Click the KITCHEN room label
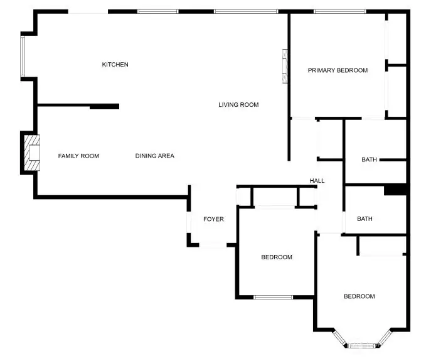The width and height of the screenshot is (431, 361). pos(115,65)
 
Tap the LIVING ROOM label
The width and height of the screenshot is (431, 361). pos(238,105)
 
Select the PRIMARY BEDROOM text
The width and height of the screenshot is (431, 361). pos(338,70)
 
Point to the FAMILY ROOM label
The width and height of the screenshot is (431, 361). pos(78,156)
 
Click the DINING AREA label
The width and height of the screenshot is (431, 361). pos(155,156)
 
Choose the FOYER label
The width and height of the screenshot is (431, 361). pos(213,219)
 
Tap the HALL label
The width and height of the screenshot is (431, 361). pos(317,181)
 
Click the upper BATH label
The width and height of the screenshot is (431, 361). pos(369,159)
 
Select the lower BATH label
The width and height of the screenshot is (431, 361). pos(364,218)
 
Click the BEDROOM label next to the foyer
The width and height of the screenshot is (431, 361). pos(277,257)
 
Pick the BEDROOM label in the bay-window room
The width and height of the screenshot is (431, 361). pos(359,296)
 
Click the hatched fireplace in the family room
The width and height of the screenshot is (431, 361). pos(32,153)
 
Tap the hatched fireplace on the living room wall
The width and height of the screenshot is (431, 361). pos(285,66)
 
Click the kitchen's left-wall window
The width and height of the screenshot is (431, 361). pos(23,57)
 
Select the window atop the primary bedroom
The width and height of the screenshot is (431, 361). pos(340,11)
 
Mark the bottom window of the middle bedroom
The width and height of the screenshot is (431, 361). pos(274,297)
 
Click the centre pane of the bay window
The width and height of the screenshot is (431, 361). pos(361,345)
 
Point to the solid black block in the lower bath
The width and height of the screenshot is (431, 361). pos(395,190)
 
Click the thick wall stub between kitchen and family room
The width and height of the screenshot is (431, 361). pos(104,107)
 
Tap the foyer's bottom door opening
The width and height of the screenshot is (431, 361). pos(213,245)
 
